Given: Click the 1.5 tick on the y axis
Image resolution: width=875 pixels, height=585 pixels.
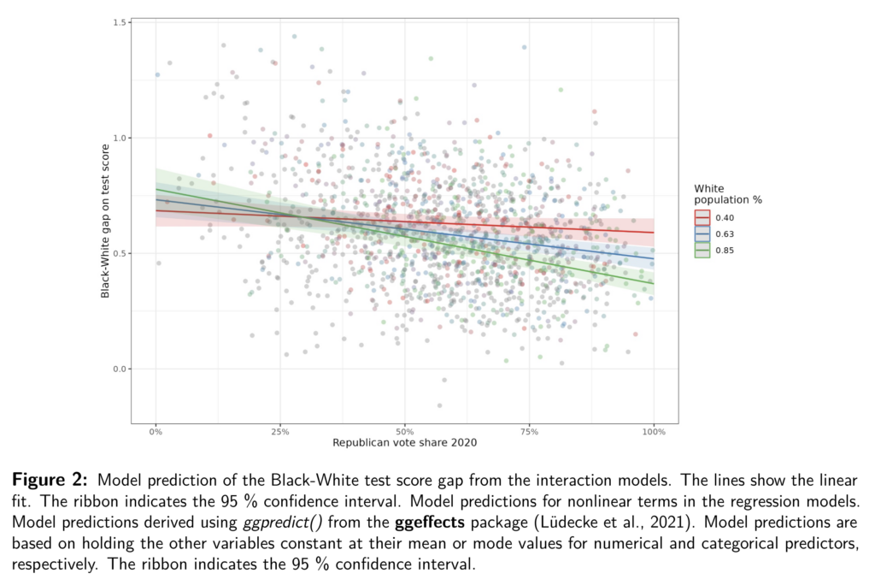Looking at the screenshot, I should click(120, 21).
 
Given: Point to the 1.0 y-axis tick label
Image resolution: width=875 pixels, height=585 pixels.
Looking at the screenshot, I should click(120, 138).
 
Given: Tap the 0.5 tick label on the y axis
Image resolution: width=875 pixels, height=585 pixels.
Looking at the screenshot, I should click(120, 253).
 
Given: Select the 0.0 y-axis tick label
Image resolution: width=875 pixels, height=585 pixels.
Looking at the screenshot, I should click(120, 369).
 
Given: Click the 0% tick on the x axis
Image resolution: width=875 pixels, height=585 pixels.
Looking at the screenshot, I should click(156, 432).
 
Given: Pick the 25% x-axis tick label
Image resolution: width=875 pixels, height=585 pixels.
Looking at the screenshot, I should click(279, 432).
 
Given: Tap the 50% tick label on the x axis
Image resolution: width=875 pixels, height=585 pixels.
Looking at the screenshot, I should click(404, 432).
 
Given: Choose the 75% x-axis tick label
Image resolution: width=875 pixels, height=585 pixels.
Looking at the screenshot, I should click(529, 432).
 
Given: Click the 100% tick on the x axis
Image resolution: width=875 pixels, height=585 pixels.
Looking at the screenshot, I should click(654, 432).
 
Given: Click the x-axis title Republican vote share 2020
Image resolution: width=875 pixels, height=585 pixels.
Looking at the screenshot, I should click(404, 443).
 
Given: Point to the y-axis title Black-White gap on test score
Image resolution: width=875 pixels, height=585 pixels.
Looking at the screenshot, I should click(105, 222).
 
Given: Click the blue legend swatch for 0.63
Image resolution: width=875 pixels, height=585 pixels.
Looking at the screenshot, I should click(702, 233).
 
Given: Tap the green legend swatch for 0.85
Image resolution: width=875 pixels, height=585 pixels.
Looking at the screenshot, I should click(702, 250).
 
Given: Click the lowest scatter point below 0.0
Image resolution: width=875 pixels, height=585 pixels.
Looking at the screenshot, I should click(439, 405).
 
